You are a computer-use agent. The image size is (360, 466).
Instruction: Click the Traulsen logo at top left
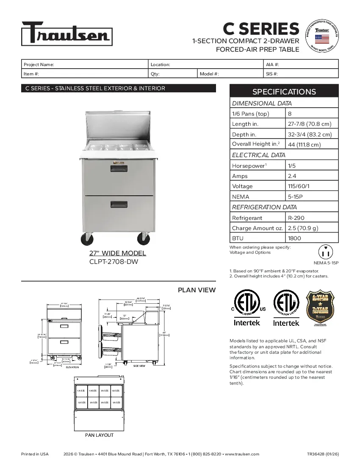[x=67, y=33]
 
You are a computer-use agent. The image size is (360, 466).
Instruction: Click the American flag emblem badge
[x=322, y=37]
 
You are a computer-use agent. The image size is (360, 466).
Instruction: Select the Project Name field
[x=85, y=64]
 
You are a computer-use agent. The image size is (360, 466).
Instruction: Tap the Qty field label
[x=155, y=74]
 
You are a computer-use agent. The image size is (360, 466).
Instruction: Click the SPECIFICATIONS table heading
[x=284, y=92]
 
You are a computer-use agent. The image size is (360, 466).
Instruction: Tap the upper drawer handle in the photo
[x=119, y=169]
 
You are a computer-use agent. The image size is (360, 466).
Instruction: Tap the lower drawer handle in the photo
[x=119, y=205]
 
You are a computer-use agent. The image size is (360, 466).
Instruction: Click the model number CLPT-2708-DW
[x=114, y=262]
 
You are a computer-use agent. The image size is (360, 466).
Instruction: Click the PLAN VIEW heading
[x=197, y=290]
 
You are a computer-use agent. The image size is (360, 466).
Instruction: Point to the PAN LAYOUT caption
[x=99, y=435]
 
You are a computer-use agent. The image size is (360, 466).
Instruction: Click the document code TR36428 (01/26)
[x=323, y=454]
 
